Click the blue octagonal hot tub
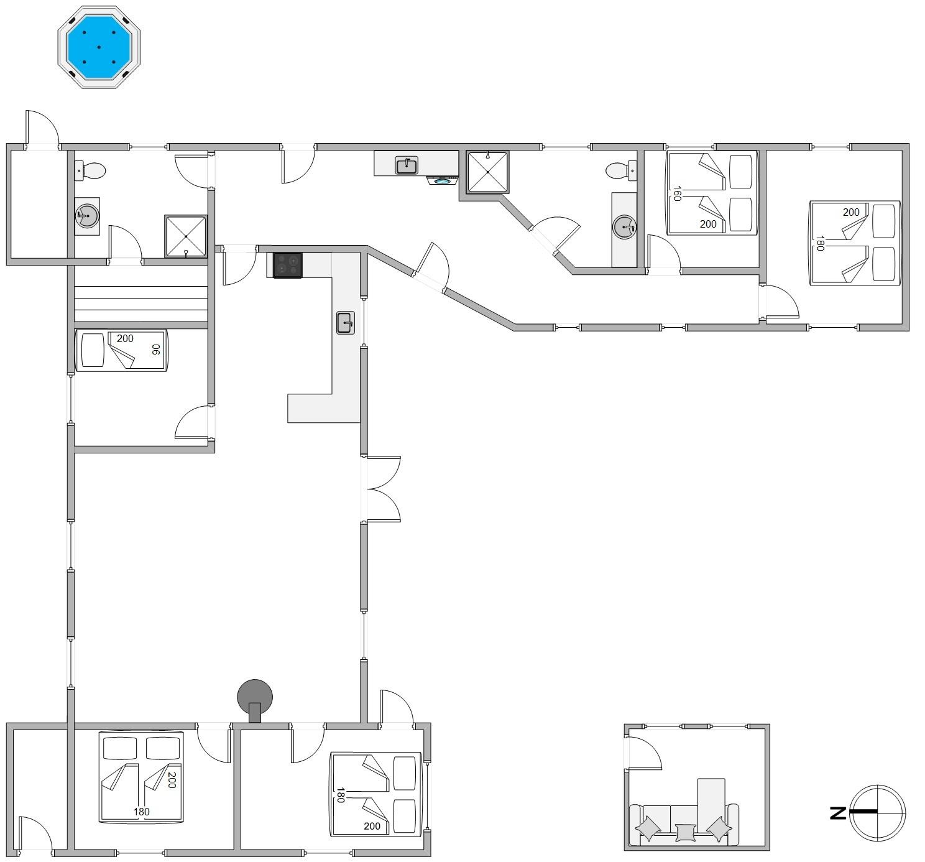tap(99, 47)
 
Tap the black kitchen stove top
tap(287, 266)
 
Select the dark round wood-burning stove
tap(255, 701)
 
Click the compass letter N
tap(838, 814)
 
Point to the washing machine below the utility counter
tap(443, 180)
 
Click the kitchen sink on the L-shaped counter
tap(346, 323)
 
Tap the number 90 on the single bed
tap(156, 349)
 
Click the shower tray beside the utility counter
tap(487, 172)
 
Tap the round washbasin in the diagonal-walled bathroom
tap(624, 228)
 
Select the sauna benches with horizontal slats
tap(141, 297)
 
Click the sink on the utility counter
tap(407, 165)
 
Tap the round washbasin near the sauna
tap(87, 216)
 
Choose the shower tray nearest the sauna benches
tap(185, 236)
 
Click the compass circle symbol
tap(878, 813)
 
